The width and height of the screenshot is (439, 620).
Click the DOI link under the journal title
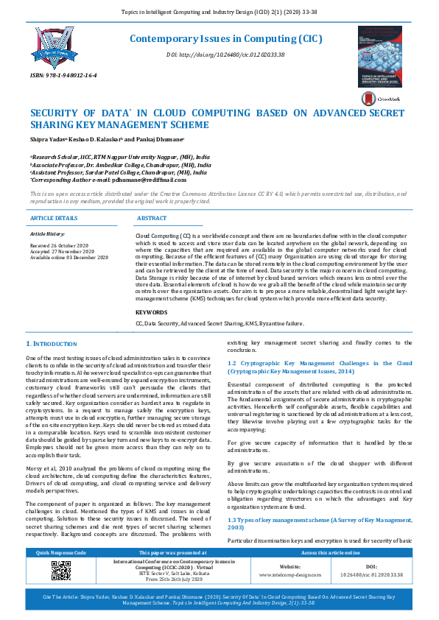coord(225,55)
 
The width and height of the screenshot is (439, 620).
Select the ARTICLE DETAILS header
coord(54,219)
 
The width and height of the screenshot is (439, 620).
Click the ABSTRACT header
coord(152,219)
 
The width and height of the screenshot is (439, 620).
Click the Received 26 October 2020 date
coord(58,244)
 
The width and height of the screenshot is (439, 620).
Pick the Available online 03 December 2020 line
coord(69,257)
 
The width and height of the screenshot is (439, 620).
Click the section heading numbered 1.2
coord(320,367)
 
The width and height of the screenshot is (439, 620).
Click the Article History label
coord(48,233)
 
